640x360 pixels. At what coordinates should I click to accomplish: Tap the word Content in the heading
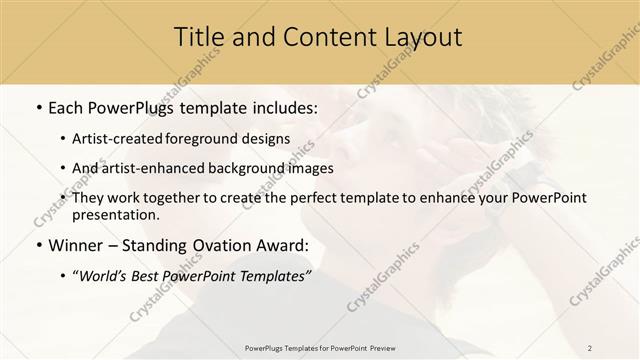320,38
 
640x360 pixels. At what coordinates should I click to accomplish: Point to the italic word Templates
271,276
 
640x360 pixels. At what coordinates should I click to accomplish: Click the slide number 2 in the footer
590,347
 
